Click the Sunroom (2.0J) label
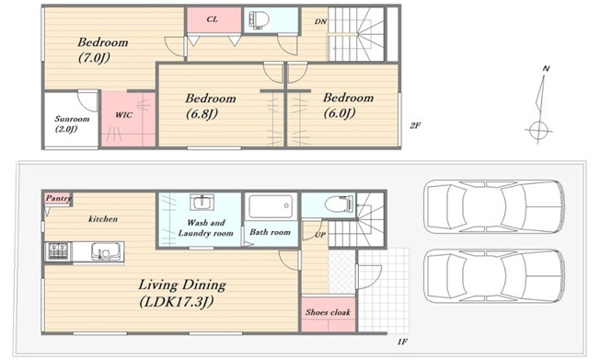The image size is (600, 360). click(x=72, y=123)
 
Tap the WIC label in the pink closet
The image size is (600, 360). click(x=124, y=115)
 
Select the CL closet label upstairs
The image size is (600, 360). click(x=212, y=19)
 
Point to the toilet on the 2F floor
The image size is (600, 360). click(x=260, y=18)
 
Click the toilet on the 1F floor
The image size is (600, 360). click(x=339, y=203)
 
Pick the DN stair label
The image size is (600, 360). click(x=320, y=21)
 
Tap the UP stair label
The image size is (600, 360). click(x=320, y=235)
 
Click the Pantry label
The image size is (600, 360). click(x=58, y=198)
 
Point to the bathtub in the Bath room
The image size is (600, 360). click(x=271, y=206)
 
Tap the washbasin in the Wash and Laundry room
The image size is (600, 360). click(x=202, y=202)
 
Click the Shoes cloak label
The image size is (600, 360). click(x=328, y=312)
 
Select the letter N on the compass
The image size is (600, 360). click(x=546, y=68)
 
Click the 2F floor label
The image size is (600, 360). click(x=415, y=125)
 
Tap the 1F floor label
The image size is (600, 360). click(x=402, y=342)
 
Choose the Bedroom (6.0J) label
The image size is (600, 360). click(x=348, y=105)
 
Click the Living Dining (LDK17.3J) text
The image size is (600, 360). click(x=182, y=294)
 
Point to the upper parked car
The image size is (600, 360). click(x=494, y=206)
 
